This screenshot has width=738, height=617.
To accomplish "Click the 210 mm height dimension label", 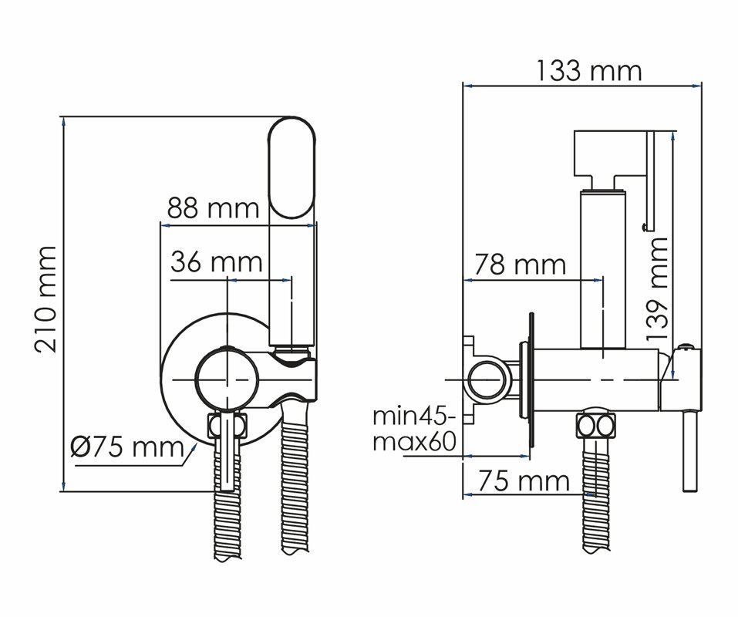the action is pyautogui.click(x=45, y=299).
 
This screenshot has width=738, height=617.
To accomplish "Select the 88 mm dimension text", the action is pyautogui.click(x=213, y=208).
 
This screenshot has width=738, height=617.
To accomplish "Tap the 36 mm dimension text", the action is pyautogui.click(x=217, y=262).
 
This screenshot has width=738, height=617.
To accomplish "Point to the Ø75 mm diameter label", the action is pyautogui.click(x=126, y=447).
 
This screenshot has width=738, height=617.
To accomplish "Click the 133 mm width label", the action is pyautogui.click(x=589, y=71).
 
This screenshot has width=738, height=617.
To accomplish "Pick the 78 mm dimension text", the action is pyautogui.click(x=520, y=265).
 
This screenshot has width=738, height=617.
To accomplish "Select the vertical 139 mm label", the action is pyautogui.click(x=657, y=289).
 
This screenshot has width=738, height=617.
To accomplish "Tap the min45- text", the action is pyautogui.click(x=414, y=416).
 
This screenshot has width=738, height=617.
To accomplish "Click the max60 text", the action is pyautogui.click(x=414, y=442).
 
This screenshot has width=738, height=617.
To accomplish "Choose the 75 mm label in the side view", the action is pyautogui.click(x=524, y=481).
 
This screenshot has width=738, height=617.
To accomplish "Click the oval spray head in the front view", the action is pyautogui.click(x=291, y=167).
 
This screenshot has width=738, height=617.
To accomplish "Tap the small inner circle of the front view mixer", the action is pyautogui.click(x=227, y=379).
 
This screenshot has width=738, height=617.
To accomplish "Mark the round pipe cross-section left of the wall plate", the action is pyautogui.click(x=490, y=379).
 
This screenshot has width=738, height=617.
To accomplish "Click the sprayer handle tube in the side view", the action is pyautogui.click(x=603, y=268).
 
